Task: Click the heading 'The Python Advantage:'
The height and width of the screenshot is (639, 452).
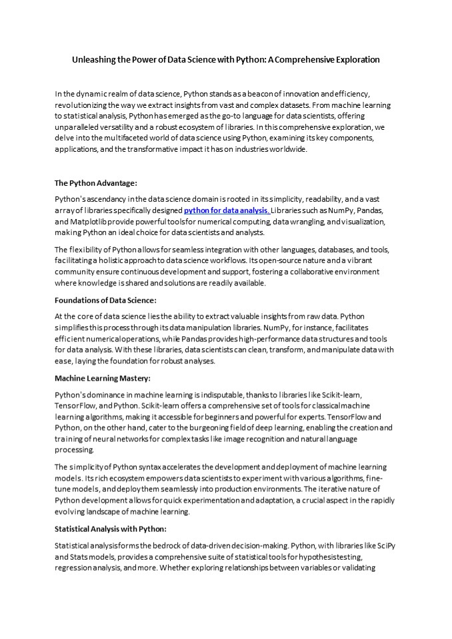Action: pos(95,182)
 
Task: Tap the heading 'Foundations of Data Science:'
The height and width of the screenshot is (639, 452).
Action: pos(105,300)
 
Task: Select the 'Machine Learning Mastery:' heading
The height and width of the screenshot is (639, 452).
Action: pos(102,379)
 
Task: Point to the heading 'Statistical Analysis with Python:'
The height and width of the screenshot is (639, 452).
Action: pos(110,529)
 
